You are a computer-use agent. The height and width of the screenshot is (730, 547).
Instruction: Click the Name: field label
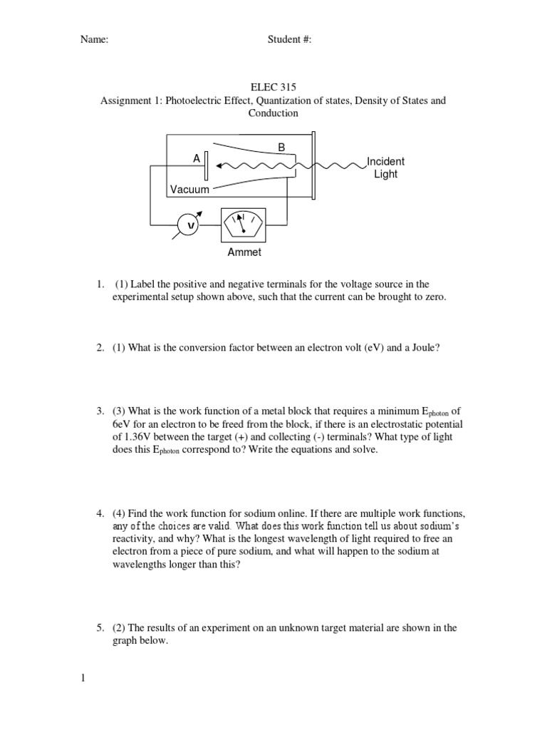click(94, 40)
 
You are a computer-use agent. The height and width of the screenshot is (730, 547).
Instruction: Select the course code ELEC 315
click(273, 88)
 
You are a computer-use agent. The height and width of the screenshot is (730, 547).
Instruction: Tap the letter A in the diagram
click(196, 160)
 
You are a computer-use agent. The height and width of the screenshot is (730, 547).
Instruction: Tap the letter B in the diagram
click(281, 148)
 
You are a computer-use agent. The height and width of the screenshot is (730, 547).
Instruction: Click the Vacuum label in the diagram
click(189, 190)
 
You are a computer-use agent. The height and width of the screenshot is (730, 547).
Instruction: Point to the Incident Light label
click(385, 168)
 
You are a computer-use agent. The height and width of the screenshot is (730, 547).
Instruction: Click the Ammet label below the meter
click(244, 252)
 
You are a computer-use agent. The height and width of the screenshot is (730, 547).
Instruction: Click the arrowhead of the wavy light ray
click(222, 166)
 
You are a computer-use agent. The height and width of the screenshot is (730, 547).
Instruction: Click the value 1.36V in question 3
click(142, 437)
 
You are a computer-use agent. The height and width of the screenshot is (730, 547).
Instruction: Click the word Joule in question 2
click(435, 347)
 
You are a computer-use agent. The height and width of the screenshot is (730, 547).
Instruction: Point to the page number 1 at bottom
click(83, 678)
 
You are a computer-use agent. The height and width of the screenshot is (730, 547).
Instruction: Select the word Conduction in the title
click(273, 113)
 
